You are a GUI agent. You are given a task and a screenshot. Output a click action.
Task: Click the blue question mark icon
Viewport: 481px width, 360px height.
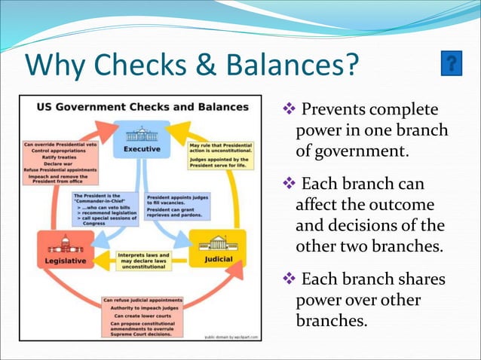(451, 64)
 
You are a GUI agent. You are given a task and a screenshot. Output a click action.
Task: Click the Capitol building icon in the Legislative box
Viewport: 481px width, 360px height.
(66, 244)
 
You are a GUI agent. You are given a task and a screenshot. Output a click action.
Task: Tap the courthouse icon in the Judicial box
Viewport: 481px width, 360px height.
(217, 244)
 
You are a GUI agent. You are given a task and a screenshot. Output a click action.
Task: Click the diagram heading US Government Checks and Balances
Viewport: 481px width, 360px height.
(142, 107)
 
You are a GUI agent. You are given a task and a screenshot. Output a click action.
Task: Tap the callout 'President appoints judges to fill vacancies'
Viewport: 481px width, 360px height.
(178, 206)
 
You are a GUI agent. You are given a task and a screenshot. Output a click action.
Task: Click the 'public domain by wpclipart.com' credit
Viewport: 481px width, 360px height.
(231, 337)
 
